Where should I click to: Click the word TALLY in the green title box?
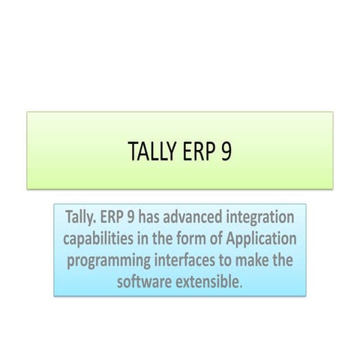pyautogui.click(x=153, y=151)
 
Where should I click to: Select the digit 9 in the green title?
pyautogui.click(x=226, y=151)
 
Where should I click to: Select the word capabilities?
pyautogui.click(x=101, y=240)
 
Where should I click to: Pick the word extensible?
pyautogui.click(x=211, y=282)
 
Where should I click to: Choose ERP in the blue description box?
pyautogui.click(x=111, y=218)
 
